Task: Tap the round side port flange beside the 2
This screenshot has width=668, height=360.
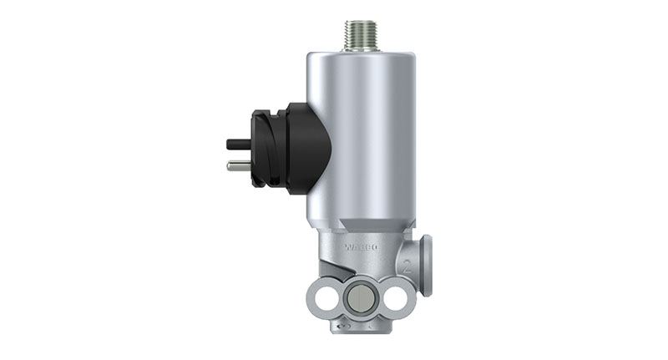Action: coord(426,265)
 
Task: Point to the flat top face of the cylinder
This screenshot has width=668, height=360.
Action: coord(360,53)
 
